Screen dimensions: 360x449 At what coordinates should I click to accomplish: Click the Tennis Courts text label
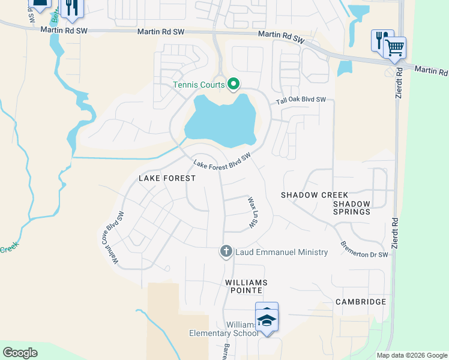199,85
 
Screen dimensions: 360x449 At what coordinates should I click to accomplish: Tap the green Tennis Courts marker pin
234,85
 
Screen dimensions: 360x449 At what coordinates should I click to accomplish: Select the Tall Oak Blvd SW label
301,101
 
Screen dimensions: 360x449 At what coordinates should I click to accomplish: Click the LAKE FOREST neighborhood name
167,178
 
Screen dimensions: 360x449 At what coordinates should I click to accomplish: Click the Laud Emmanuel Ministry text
282,252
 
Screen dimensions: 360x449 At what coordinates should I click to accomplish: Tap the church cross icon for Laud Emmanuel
226,251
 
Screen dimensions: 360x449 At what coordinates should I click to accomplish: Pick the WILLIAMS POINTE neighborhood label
246,286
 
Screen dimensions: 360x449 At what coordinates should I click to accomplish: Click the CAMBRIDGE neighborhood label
360,301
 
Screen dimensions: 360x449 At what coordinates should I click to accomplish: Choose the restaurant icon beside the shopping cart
381,40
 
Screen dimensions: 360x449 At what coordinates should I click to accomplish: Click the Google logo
20,353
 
